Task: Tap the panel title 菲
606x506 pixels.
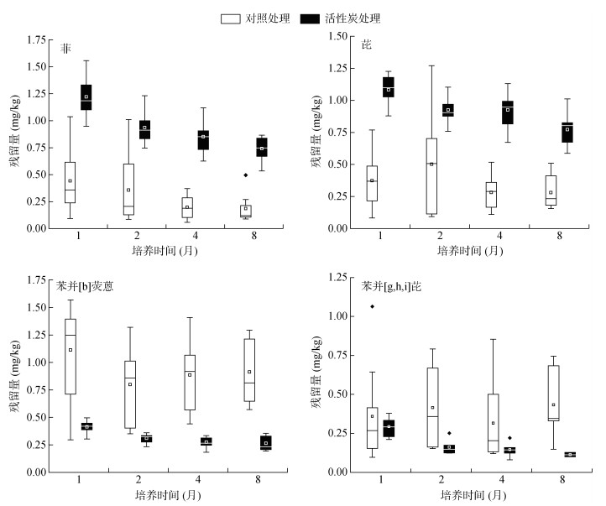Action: (65, 49)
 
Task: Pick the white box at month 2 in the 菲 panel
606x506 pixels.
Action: (128, 189)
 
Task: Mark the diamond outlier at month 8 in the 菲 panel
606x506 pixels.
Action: (245, 175)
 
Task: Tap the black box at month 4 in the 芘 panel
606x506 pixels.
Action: (507, 112)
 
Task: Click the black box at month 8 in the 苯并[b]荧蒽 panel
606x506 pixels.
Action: (265, 442)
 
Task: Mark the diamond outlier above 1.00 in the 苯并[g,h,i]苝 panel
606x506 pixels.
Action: (372, 306)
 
